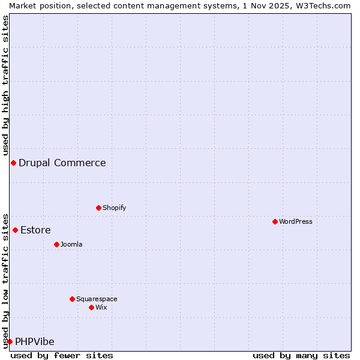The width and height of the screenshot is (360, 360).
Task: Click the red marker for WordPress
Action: pos(275,221)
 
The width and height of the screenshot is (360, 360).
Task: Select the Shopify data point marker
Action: pos(98,208)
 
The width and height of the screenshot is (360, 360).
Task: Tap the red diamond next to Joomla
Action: pos(56,244)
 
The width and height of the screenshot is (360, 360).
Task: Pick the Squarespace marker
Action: pos(72,299)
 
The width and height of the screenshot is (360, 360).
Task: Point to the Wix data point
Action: pos(91,307)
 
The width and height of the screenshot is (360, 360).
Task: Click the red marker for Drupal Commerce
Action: pos(13,163)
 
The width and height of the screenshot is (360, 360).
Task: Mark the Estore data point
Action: pos(15,230)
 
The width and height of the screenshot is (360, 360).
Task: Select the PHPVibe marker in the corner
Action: pos(10,341)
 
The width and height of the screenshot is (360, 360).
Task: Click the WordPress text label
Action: pos(296,221)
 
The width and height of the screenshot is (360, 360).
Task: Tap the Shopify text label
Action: pos(114,208)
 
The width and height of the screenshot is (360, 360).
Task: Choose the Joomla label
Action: pos(71,244)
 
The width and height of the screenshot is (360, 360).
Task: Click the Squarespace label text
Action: pos(97,299)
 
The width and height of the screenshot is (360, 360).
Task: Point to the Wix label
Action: pos(101,307)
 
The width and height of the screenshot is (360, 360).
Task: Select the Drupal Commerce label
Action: pos(62,163)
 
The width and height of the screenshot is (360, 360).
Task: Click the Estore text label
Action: pos(35,230)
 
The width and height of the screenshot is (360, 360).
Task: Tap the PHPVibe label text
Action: pos(35,341)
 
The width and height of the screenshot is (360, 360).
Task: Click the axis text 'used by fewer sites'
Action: pos(62,355)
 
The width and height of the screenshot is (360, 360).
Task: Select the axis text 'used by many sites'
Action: pos(301,355)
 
